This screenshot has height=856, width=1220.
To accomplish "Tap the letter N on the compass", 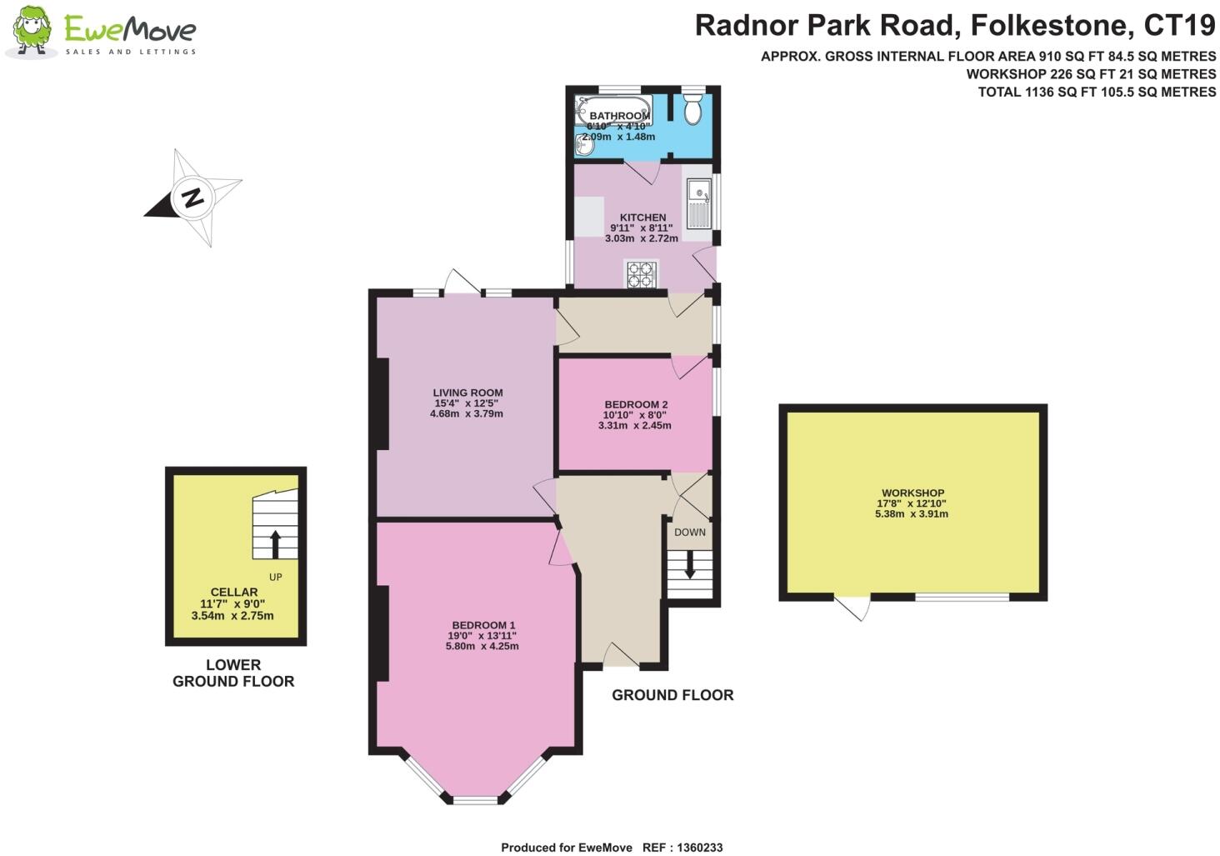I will (x=192, y=198).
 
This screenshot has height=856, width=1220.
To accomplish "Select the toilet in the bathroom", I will (x=693, y=109).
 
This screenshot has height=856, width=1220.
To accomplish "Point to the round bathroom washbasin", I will (x=584, y=145).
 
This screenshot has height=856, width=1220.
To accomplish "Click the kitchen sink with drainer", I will (x=698, y=203).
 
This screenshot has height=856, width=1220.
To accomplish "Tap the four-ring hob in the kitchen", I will (x=642, y=274).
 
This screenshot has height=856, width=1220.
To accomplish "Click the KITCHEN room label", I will (x=642, y=217).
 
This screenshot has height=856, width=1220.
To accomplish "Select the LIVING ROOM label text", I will (x=467, y=393).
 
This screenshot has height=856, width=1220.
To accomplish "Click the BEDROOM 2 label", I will (x=636, y=404).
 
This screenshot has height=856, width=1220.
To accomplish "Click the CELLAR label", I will (x=234, y=592).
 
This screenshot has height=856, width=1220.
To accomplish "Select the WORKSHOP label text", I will (x=912, y=493).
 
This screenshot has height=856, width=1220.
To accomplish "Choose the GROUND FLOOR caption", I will (x=672, y=695).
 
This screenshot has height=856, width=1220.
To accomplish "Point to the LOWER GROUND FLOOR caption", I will (x=233, y=673).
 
